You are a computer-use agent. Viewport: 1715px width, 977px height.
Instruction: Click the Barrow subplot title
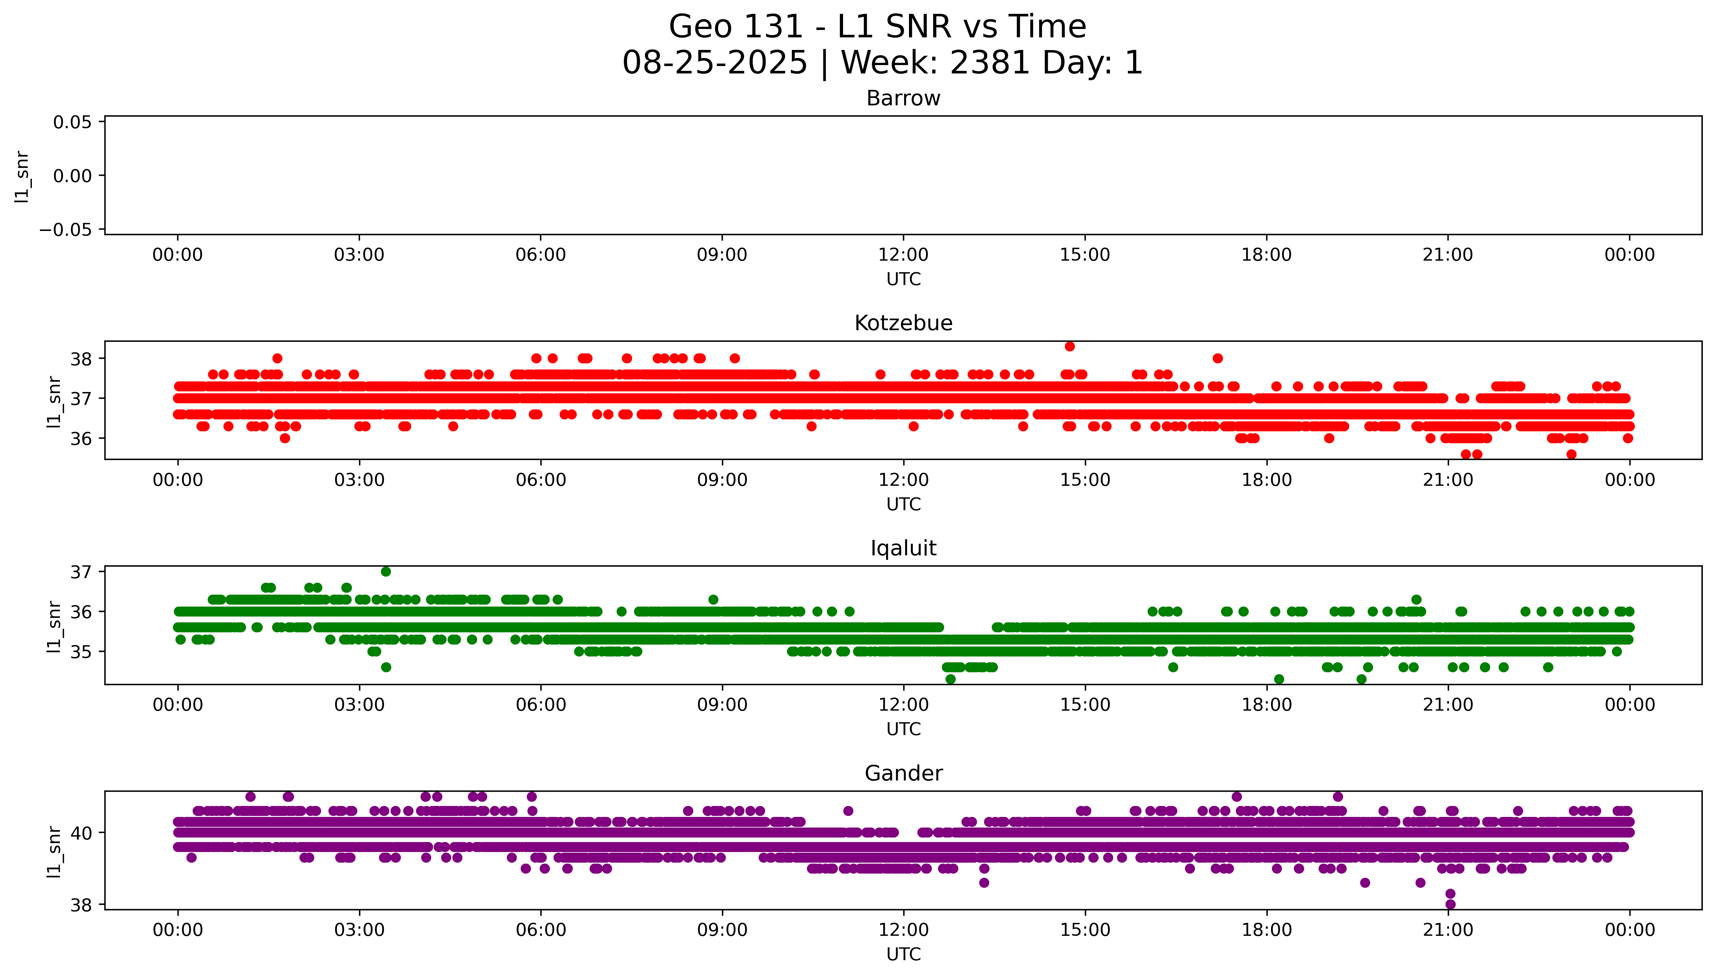[903, 99]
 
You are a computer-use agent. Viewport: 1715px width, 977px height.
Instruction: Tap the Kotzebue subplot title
[903, 323]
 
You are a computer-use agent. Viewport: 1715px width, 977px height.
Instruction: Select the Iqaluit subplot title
[903, 548]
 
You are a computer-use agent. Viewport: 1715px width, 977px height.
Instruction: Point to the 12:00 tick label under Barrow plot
[903, 255]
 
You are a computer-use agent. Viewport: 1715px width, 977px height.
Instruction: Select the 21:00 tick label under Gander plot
[1447, 930]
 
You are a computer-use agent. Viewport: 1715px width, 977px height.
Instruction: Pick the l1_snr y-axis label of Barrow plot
[22, 177]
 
